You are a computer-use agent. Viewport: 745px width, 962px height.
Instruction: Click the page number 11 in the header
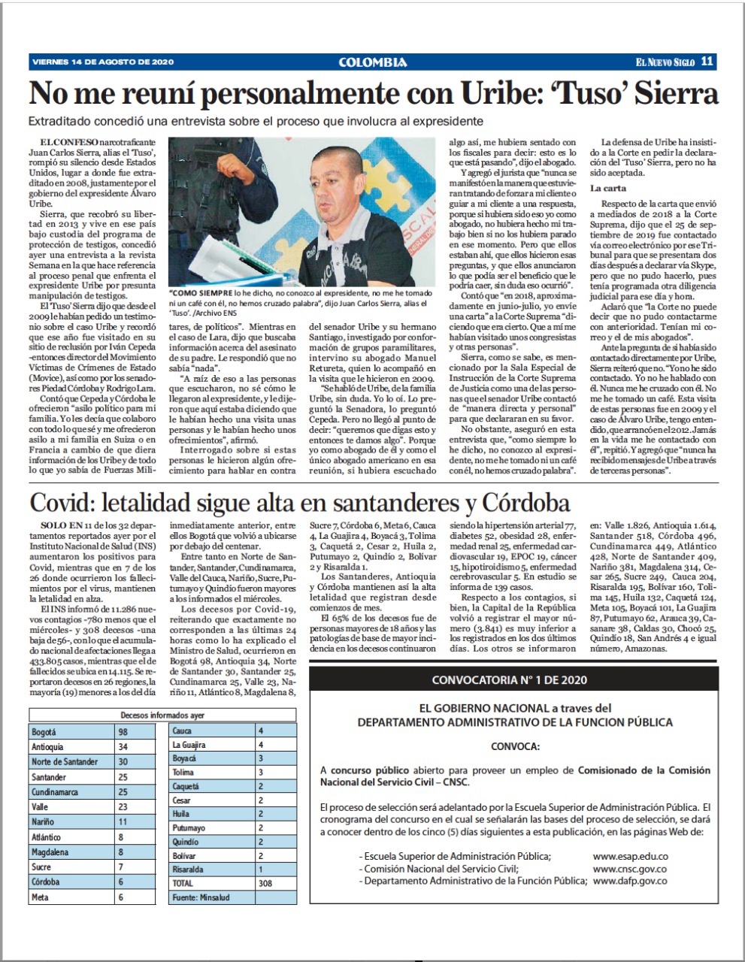coord(707,62)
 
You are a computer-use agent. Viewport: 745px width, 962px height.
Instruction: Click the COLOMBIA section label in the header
coord(373,62)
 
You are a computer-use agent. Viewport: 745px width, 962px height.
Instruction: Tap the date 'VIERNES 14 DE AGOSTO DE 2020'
coord(103,62)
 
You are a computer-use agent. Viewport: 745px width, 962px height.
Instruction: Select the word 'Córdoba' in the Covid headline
coord(513,503)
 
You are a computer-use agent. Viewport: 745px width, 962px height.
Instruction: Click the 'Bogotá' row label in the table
coord(46,731)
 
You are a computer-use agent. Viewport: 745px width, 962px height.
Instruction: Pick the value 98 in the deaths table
coord(125,731)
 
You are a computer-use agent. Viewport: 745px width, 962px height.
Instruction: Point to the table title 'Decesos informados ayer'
coord(163,715)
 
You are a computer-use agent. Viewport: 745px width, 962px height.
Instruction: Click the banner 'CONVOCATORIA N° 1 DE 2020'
coord(508,681)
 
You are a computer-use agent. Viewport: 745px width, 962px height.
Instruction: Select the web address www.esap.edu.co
coord(630,856)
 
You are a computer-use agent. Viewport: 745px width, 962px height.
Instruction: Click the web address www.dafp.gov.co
coord(630,880)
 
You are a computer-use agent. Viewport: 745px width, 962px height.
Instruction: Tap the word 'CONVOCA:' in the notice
coord(514,747)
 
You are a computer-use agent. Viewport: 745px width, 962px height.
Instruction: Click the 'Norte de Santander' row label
coord(65,761)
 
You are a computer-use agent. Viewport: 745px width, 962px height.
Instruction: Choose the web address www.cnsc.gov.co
coord(630,868)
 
